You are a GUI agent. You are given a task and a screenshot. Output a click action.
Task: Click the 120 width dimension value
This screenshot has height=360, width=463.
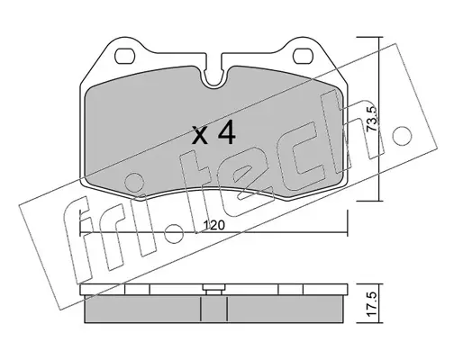coord(214,225)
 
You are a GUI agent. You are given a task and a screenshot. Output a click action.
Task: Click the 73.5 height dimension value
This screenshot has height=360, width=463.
coord(372,120)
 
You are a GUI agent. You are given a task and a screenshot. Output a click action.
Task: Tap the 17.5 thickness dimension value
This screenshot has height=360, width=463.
coord(372,304)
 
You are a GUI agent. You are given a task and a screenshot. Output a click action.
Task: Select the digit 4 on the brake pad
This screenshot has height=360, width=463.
coord(226,132)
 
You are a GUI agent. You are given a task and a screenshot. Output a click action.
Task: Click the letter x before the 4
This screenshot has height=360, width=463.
coord(200,135)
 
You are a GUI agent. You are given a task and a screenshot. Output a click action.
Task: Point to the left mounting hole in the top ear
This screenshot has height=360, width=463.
coord(124,56)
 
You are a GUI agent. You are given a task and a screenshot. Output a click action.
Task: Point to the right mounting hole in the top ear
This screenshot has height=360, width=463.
coord(303,56)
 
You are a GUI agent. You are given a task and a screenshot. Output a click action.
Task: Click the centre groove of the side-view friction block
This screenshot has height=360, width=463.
coord(213,309)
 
